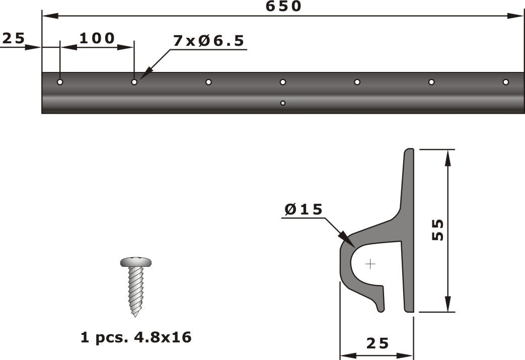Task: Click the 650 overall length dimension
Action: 283,7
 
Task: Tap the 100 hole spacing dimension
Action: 97,38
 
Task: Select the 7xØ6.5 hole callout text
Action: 209,41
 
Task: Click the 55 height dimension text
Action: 437,230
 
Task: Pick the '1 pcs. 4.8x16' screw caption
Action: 136,337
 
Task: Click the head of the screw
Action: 136,262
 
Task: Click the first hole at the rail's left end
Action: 60,82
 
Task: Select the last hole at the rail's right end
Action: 505,82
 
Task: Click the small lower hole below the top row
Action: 283,103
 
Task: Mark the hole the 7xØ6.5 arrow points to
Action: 134,82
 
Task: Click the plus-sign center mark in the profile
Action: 370,264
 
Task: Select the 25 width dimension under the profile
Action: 378,343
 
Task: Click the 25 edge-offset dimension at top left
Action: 14,38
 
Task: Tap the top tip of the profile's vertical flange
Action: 409,150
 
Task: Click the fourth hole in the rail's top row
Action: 283,82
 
